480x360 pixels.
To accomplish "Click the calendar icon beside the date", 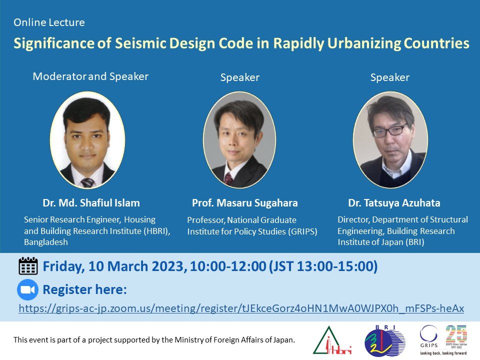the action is click(28, 265).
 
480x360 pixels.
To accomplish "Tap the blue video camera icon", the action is click(28, 289).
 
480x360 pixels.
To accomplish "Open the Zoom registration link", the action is click(241, 308).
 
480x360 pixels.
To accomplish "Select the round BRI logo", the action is click(385, 340).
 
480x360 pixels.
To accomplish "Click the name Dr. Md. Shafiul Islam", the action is click(91, 203).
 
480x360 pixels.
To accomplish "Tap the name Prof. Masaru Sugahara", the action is click(245, 203).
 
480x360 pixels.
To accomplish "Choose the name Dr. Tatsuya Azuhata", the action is click(394, 203).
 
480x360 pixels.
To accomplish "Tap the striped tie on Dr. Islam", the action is click(87, 182).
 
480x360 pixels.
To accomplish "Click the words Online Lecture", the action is click(49, 22).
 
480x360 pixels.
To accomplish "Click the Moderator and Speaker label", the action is click(90, 76).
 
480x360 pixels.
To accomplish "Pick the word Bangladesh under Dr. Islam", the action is click(46, 242).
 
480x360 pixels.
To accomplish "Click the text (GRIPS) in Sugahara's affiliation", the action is click(303, 231).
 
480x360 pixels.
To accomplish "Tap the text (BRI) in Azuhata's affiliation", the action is click(415, 242).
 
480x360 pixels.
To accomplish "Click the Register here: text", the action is click(85, 289).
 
